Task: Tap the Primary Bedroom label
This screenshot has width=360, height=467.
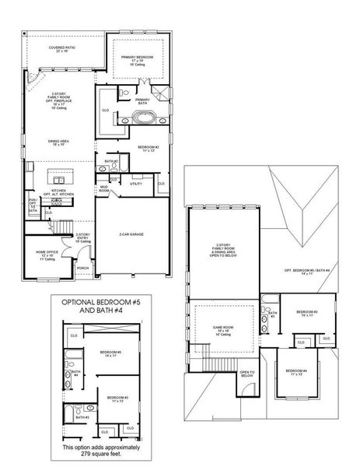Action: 136,59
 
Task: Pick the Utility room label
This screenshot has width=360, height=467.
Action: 135,184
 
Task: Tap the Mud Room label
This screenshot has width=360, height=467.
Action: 103,188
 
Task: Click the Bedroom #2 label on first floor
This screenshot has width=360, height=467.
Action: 148,147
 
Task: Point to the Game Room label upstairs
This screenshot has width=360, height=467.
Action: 224,330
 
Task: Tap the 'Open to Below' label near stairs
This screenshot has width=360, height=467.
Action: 246,373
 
